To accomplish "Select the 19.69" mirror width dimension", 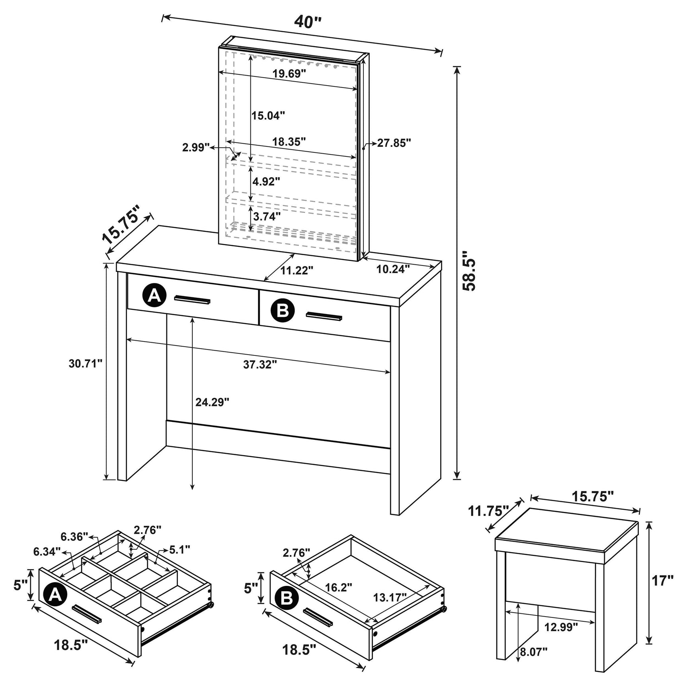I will (x=289, y=74).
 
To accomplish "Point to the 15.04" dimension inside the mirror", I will (x=268, y=116).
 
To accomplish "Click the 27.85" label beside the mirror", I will (x=394, y=143).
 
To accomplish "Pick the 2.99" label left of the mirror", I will (x=196, y=148).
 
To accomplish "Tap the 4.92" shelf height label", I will (x=267, y=182).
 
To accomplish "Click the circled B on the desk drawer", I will (x=283, y=310).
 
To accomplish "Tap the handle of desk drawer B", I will (x=324, y=316).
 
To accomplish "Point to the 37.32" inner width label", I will (x=260, y=364).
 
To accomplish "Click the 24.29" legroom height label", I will (x=212, y=402).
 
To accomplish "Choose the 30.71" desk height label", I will (x=85, y=363).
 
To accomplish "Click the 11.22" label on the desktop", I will (x=297, y=271).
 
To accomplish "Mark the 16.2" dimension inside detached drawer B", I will (x=339, y=587).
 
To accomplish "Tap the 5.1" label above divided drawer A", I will (x=180, y=550).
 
